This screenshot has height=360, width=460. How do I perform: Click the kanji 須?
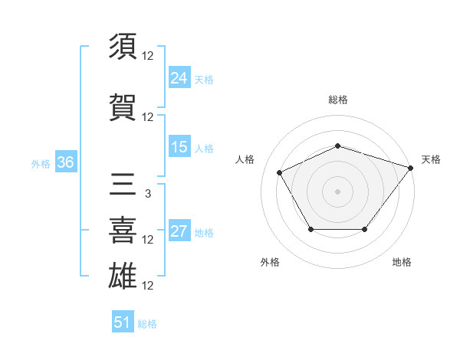[x=123, y=46]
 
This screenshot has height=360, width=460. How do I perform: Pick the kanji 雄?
[x=123, y=273]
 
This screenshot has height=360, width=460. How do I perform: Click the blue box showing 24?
[x=179, y=78]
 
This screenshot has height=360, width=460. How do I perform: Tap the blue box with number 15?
[x=179, y=148]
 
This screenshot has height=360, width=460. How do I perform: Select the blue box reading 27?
[x=179, y=232]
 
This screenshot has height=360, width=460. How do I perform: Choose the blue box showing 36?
[x=65, y=162]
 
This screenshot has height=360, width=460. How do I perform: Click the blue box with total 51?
[x=123, y=322]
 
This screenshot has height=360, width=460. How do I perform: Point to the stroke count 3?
[x=147, y=194]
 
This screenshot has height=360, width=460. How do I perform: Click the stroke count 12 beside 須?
[x=148, y=56]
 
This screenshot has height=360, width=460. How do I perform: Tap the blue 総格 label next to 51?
[x=147, y=324]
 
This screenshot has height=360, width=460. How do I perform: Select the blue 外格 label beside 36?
[x=41, y=163]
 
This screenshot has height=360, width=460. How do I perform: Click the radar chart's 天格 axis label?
[x=431, y=159]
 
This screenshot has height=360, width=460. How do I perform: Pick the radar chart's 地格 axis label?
[x=402, y=262]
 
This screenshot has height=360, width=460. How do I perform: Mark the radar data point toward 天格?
[x=410, y=168]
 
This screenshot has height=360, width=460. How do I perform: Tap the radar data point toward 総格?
[x=337, y=146]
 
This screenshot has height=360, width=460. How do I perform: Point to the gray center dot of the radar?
[x=337, y=191]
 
